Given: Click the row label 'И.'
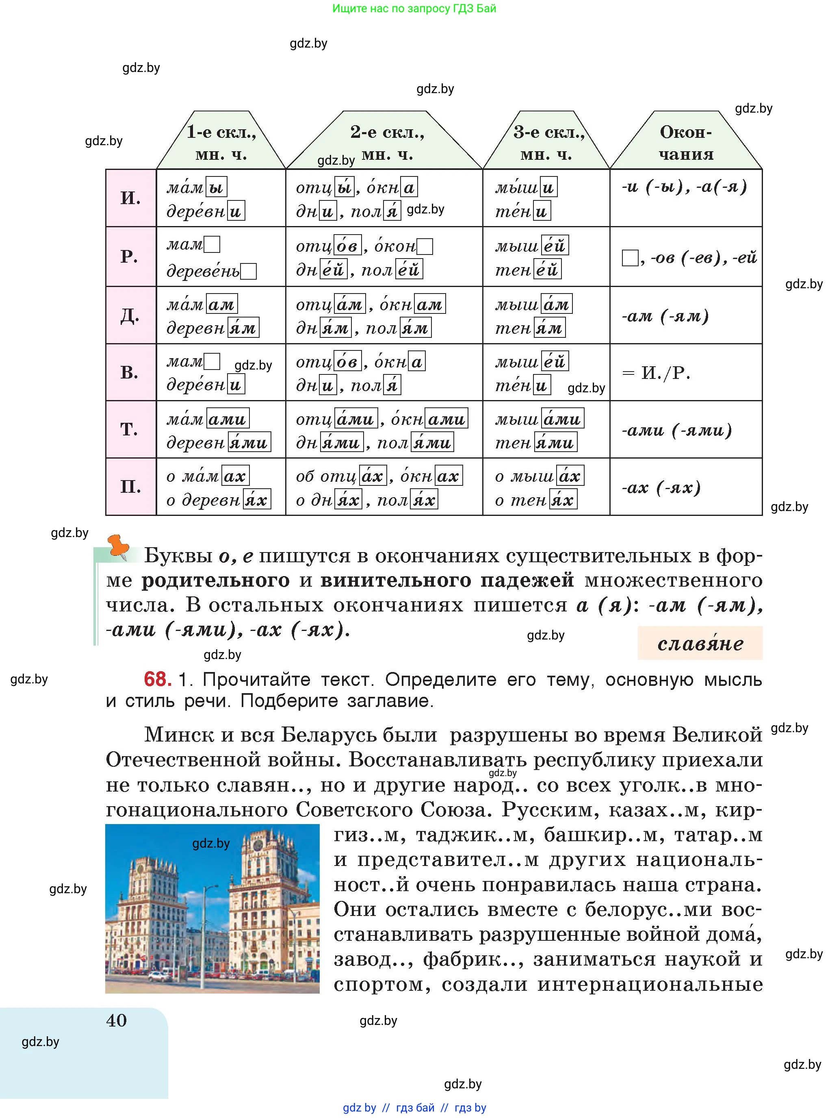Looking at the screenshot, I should click(x=130, y=198).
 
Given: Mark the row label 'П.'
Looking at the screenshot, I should click(x=130, y=487).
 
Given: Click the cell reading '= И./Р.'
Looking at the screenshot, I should click(x=656, y=373).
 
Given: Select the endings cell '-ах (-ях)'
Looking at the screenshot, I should click(x=661, y=487).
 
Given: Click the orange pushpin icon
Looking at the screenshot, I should click(x=118, y=546).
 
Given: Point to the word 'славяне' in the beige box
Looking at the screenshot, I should click(x=700, y=644).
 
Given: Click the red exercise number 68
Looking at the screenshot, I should click(x=157, y=679).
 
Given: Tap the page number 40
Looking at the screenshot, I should click(x=117, y=1020).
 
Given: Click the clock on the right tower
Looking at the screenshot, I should click(x=258, y=845).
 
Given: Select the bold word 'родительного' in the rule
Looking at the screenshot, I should click(x=216, y=581).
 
